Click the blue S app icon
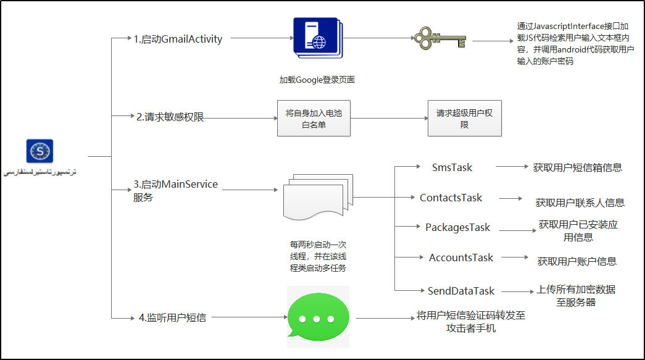(40, 151)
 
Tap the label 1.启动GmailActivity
(178, 39)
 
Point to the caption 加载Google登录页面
(317, 80)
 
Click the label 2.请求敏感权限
(170, 117)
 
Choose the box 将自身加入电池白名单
(314, 119)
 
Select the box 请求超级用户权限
(464, 119)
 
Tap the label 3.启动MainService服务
(175, 190)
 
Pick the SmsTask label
(452, 167)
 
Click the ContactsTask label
(451, 198)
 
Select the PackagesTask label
(457, 227)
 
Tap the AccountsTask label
(461, 257)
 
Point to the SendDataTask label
(461, 291)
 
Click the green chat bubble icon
(317, 317)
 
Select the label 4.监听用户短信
(172, 317)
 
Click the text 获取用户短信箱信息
(577, 167)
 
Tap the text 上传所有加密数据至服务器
(576, 296)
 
